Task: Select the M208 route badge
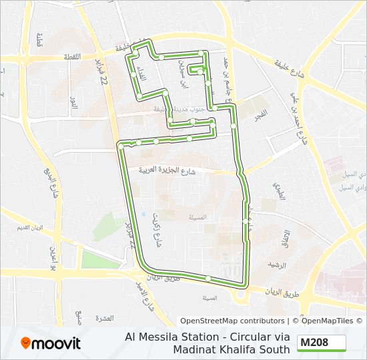coord(322,343)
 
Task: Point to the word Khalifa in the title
coord(247,349)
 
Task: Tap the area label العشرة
coord(105,317)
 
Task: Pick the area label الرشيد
coord(276,265)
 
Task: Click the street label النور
coord(74,103)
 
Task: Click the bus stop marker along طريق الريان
coord(208,278)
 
